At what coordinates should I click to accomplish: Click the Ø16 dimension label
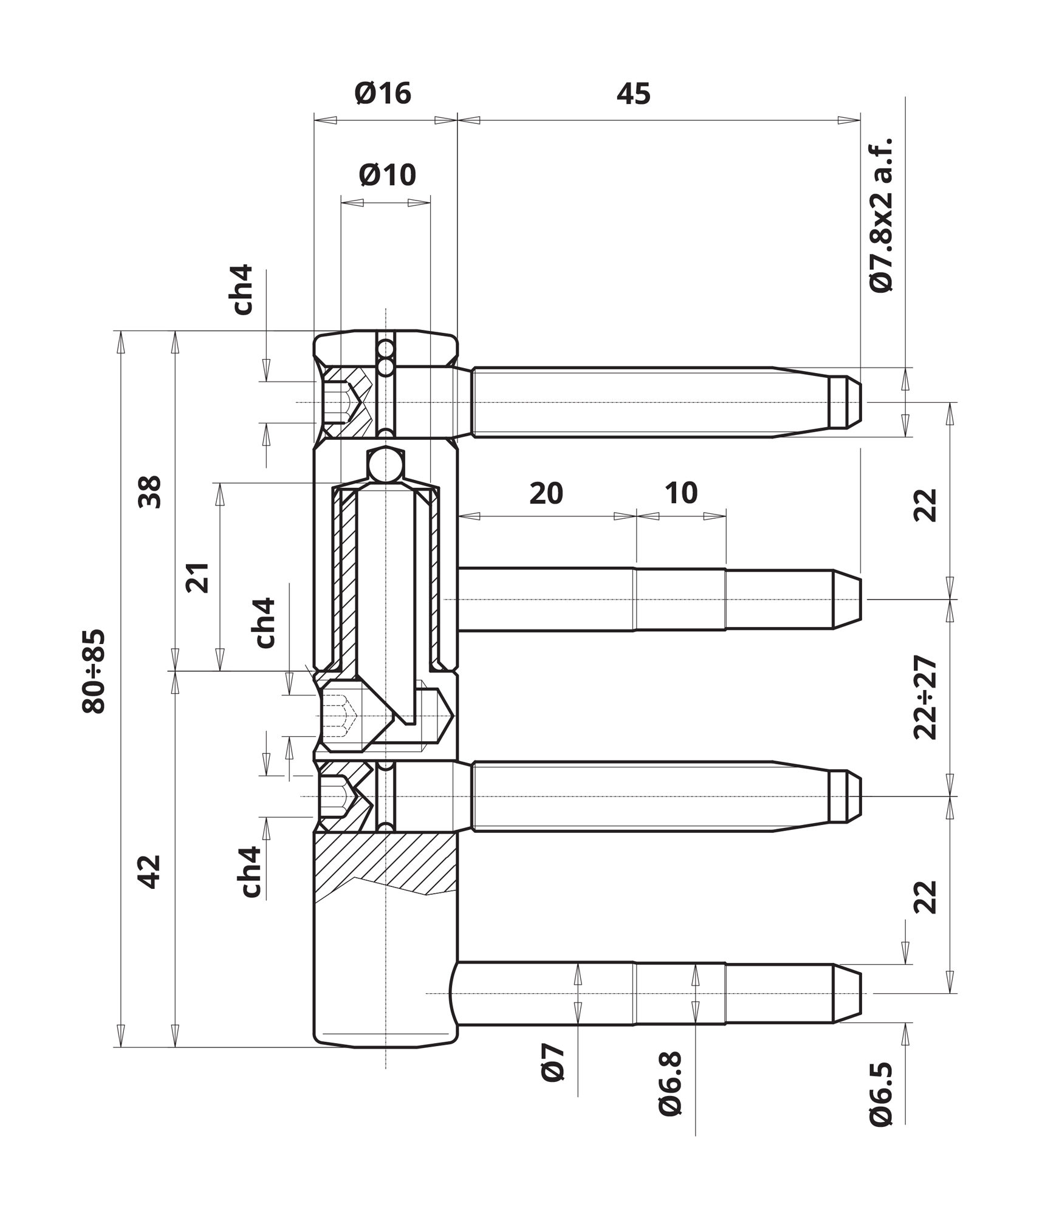pyautogui.click(x=383, y=94)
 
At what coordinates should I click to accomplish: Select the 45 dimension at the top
pyautogui.click(x=633, y=94)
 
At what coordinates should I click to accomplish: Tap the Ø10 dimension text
pyautogui.click(x=388, y=175)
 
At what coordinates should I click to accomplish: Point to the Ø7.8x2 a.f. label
pyautogui.click(x=881, y=216)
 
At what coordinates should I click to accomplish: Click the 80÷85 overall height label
pyautogui.click(x=94, y=671)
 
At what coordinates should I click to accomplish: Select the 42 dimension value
pyautogui.click(x=150, y=872)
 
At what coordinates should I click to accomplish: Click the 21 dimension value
pyautogui.click(x=197, y=578)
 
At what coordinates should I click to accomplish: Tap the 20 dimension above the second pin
pyautogui.click(x=546, y=493)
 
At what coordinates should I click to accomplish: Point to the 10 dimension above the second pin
pyautogui.click(x=681, y=493)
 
